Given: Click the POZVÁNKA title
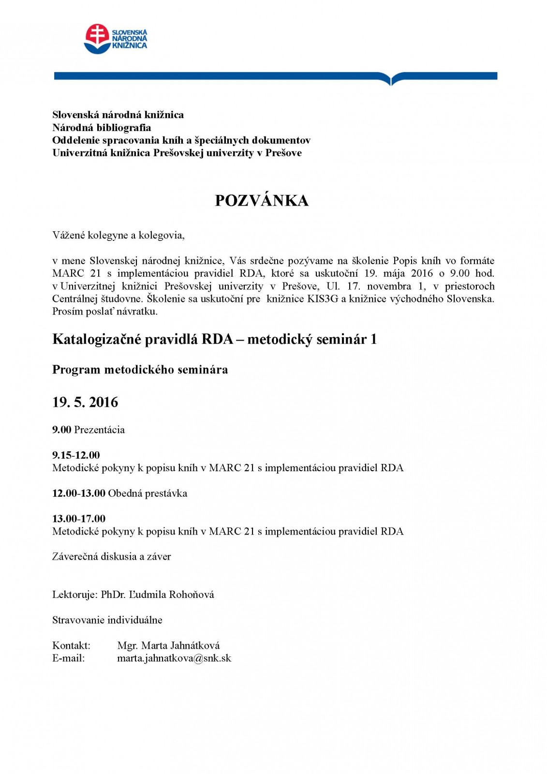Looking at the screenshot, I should click(x=261, y=200).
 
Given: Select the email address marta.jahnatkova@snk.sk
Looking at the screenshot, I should click(x=174, y=658).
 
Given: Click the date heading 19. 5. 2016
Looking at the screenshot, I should click(x=85, y=402).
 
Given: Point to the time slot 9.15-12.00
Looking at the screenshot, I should click(x=76, y=455).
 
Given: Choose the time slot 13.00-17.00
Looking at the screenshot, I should click(x=79, y=519).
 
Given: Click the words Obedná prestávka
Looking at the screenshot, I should click(x=148, y=493).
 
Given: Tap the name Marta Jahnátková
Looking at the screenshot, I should click(x=168, y=645).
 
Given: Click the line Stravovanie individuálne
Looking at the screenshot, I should click(x=107, y=620).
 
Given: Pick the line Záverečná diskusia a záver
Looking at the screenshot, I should click(x=112, y=556).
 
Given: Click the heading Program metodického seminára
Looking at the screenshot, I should click(x=140, y=370).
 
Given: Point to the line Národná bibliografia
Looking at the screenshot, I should click(x=102, y=128).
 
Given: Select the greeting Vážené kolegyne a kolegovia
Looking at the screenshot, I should click(x=118, y=236).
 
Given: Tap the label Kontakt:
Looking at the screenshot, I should click(x=71, y=645).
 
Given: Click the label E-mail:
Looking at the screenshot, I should click(x=69, y=658).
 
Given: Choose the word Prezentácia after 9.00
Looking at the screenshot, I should click(x=99, y=430).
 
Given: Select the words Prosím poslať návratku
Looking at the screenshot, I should click(x=105, y=311).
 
